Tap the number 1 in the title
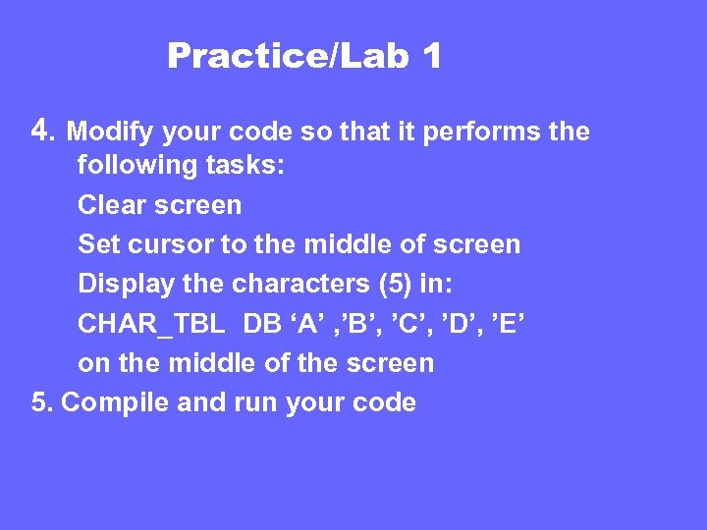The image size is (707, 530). (432, 57)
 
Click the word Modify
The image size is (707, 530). (111, 132)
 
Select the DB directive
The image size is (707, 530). (261, 324)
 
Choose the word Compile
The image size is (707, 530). (118, 403)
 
